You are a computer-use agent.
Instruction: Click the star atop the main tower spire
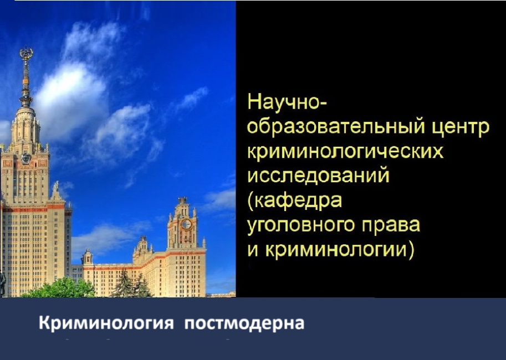tap(26, 54)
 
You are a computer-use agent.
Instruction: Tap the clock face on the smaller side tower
tap(187, 224)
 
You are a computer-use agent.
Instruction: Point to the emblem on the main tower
tap(26, 157)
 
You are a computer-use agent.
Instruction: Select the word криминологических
tap(345, 152)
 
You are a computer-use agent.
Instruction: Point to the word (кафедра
tap(294, 200)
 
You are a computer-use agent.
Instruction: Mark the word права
tap(393, 225)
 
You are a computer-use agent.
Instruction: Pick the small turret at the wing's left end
tap(87, 257)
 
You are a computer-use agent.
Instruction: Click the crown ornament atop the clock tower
tap(182, 200)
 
